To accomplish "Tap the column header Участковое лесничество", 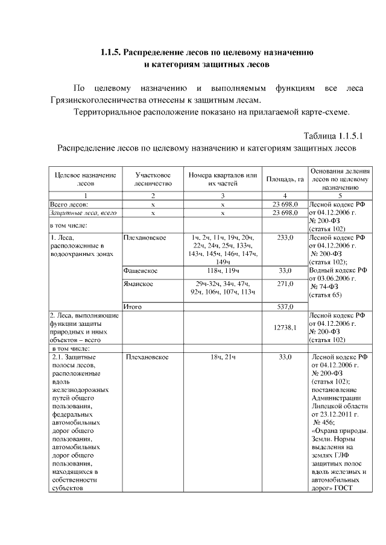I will tap(153, 179).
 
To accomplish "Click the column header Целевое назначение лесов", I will tap(84, 179).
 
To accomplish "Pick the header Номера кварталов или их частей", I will tap(223, 179).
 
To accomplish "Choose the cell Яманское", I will tap(138, 284).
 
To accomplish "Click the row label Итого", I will tap(132, 307).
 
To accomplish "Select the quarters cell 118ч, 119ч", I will tap(223, 271).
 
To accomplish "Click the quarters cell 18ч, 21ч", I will tap(223, 358).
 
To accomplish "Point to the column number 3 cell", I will tap(223, 196).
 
